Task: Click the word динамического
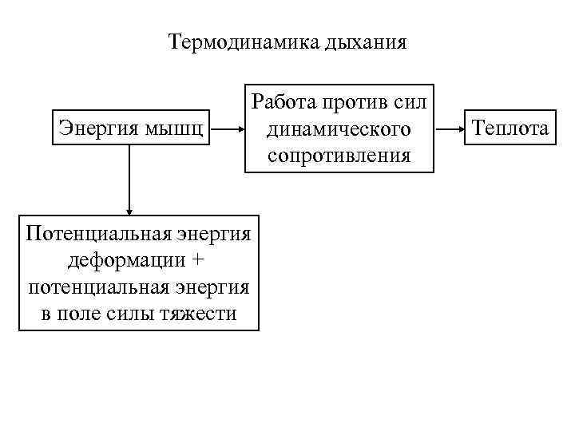point(339,128)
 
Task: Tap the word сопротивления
point(339,154)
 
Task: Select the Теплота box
point(511,128)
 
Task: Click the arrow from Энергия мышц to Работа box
point(228,128)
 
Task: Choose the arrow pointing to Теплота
point(450,128)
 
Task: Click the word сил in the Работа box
point(411,101)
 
